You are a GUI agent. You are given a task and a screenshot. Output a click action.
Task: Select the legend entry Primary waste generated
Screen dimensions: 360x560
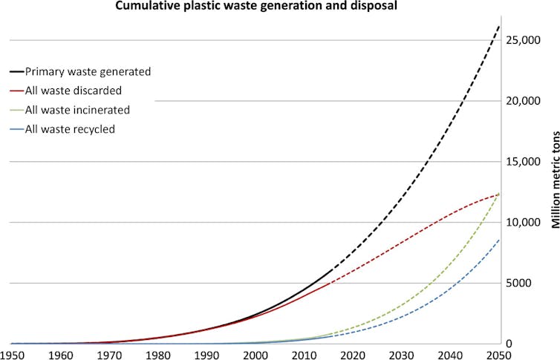coord(88,72)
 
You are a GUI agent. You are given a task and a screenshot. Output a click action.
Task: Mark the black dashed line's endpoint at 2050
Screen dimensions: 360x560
coord(498,25)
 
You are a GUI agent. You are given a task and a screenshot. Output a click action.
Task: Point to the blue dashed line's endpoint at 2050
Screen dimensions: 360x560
coord(498,240)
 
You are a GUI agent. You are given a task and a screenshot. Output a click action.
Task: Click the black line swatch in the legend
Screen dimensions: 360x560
coord(16,72)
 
